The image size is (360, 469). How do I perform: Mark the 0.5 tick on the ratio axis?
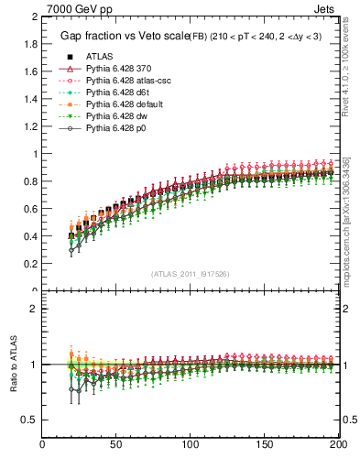31,420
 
